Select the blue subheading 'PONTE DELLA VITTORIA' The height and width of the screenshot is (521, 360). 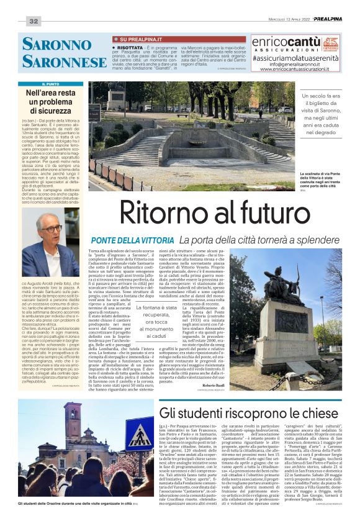tap(127, 239)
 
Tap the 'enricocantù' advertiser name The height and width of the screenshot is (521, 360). tap(286, 42)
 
